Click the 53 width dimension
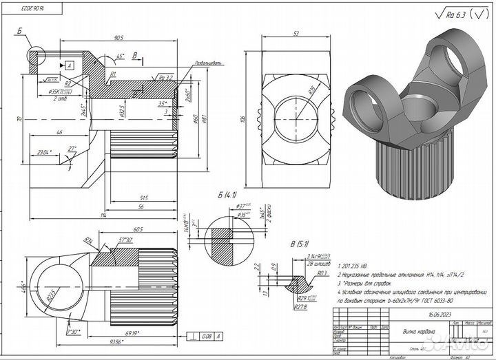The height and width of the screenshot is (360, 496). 295,33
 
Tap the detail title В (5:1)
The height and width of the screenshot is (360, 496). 300,244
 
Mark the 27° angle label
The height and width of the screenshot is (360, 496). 72,149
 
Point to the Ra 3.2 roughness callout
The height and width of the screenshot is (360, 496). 165,77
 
